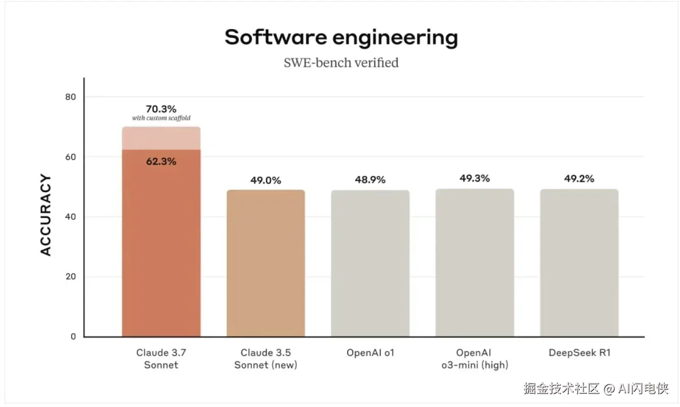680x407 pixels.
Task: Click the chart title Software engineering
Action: click(x=341, y=38)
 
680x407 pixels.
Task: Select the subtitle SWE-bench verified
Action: click(x=341, y=63)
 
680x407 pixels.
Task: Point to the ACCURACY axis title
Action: click(x=46, y=215)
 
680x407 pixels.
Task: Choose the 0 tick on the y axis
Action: click(x=73, y=337)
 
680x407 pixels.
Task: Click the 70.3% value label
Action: click(x=161, y=109)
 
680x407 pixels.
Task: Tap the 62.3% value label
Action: click(x=161, y=162)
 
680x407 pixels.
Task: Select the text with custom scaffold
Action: click(x=161, y=118)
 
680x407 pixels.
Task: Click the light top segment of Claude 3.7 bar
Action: click(x=161, y=139)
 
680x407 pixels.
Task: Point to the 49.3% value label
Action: click(x=475, y=179)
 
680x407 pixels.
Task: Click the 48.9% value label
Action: click(x=370, y=180)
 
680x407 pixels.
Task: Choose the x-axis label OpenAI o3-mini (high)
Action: click(x=475, y=359)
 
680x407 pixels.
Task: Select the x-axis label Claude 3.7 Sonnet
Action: click(x=161, y=359)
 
